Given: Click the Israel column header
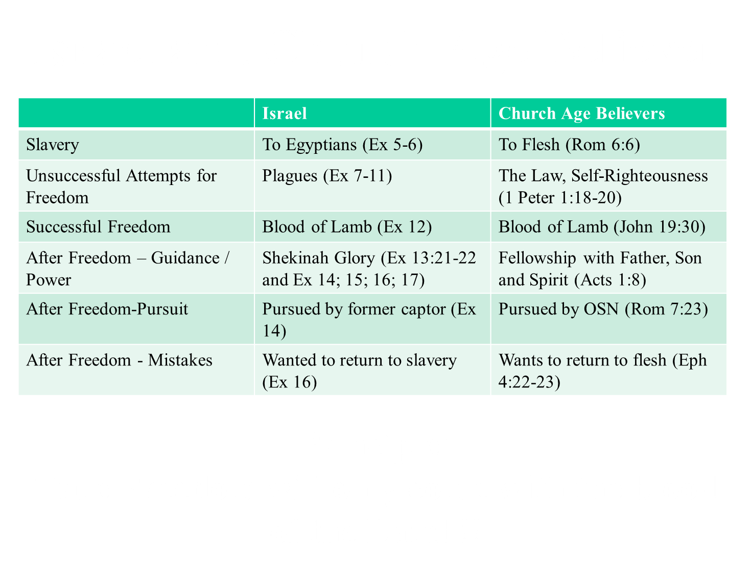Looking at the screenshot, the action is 285,113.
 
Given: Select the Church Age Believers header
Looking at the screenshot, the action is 581,113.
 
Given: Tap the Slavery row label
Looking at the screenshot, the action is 53,145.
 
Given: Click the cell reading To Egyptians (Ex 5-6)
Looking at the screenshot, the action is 342,145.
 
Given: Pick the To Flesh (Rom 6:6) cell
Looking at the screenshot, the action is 569,145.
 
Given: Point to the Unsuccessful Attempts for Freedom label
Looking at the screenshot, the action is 122,187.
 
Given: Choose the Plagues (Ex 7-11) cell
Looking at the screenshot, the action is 327,176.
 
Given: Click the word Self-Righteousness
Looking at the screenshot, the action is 639,176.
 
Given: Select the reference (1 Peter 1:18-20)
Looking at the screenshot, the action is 560,198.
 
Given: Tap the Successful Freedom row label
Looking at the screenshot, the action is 98,227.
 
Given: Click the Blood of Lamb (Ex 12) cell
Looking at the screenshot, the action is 347,227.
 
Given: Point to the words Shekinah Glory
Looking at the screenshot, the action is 318,258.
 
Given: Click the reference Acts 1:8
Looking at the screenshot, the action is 610,280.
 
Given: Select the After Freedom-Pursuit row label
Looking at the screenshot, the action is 107,309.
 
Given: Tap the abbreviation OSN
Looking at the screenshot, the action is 601,309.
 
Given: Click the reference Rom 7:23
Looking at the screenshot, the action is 666,309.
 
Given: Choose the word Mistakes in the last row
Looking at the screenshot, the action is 180,360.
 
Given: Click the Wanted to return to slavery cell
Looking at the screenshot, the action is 359,371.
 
